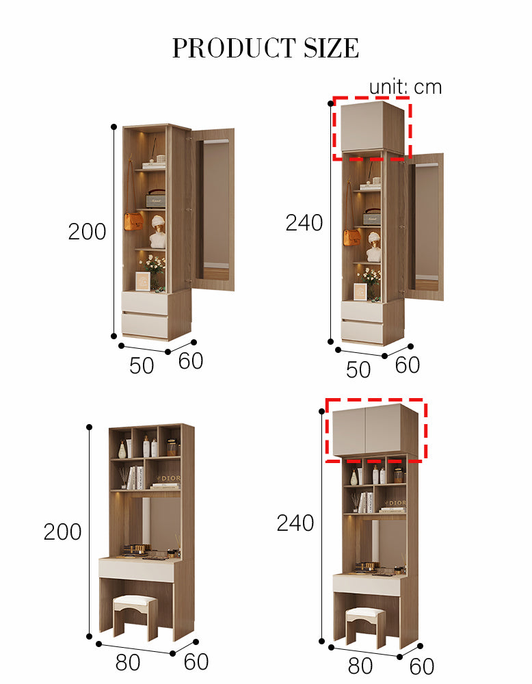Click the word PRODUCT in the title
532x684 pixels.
tap(234, 48)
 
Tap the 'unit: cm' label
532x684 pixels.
tap(405, 87)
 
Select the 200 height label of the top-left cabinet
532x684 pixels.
tap(88, 231)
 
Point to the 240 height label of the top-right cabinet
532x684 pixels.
tap(304, 222)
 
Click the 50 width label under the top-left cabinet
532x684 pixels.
tap(142, 365)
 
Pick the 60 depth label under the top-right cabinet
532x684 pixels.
tap(408, 365)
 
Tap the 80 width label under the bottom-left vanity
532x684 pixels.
tap(128, 662)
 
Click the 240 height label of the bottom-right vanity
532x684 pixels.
tap(295, 523)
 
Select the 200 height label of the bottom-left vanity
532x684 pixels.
tap(62, 531)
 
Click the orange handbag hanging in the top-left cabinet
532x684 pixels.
tap(133, 222)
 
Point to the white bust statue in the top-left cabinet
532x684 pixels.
tap(157, 232)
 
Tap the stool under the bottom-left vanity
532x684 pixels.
tap(135, 616)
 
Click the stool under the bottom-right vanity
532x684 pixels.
tap(366, 627)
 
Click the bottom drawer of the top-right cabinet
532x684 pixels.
tap(362, 332)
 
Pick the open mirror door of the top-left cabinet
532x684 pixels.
tap(213, 209)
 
